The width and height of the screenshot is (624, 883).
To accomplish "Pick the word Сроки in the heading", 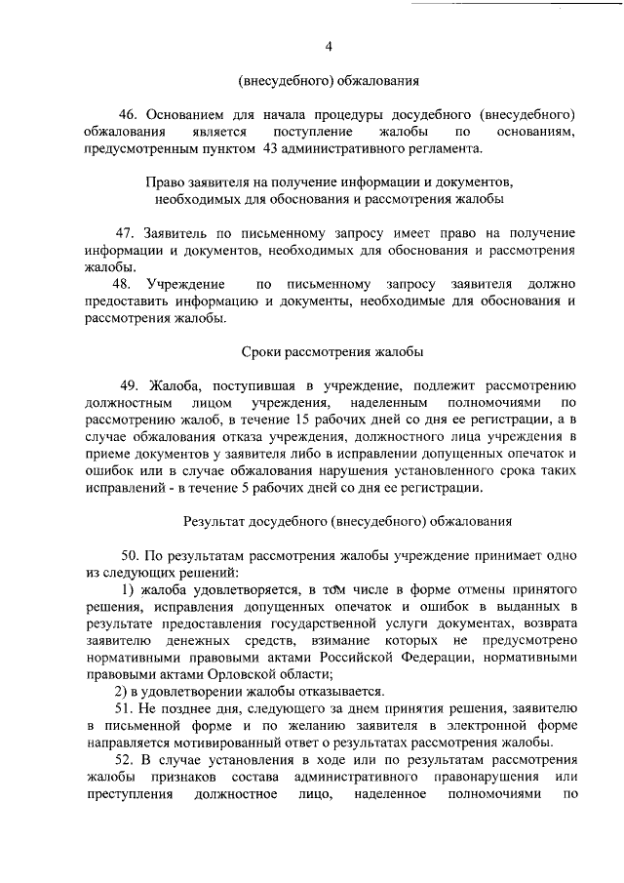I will [x=260, y=351].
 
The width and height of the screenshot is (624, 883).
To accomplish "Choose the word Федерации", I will [x=438, y=658].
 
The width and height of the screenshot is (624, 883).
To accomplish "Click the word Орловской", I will [x=235, y=674].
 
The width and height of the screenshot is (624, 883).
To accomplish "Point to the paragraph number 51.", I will [x=125, y=707].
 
